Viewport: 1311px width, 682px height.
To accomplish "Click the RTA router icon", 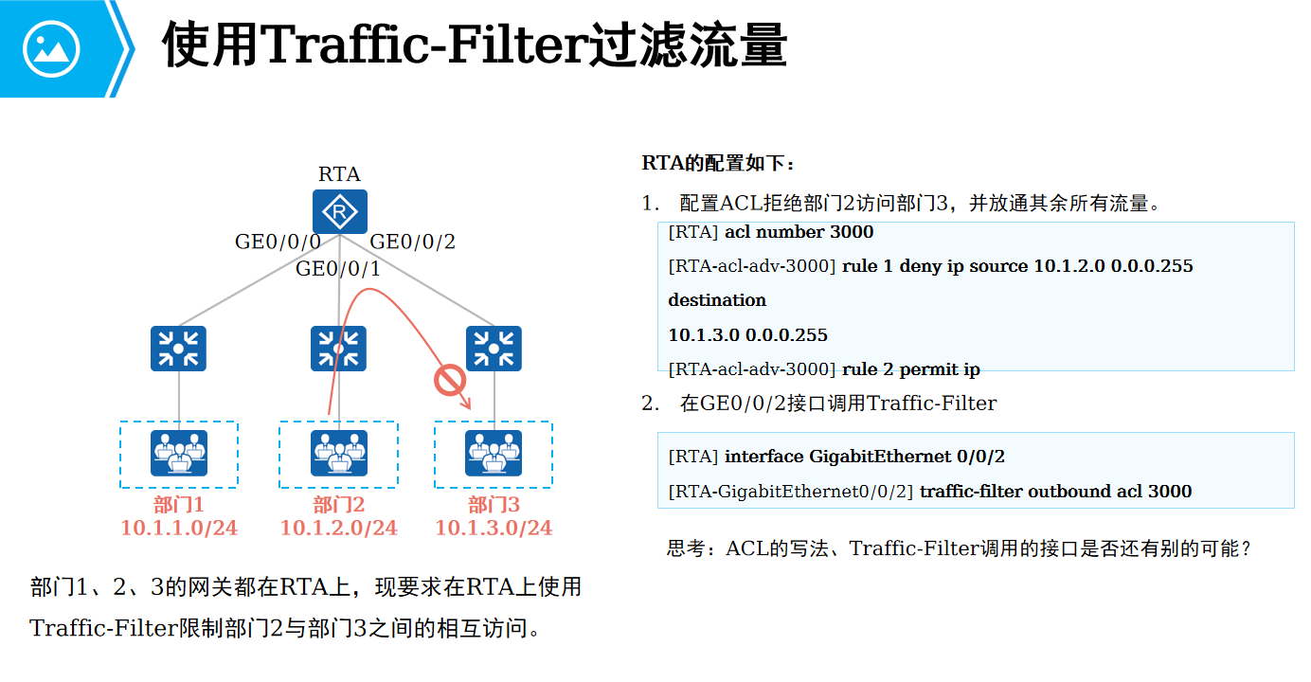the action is tap(339, 212).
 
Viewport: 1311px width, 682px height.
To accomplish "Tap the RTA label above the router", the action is tap(339, 174).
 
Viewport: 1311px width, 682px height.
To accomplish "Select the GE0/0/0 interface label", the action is tap(278, 242).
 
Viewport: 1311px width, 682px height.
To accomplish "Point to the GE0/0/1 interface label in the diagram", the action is tap(338, 269).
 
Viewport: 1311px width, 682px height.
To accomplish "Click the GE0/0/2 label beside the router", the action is tap(412, 242).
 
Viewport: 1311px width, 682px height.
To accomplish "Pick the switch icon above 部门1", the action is tap(178, 349).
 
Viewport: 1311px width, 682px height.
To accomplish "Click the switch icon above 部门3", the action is tap(494, 349).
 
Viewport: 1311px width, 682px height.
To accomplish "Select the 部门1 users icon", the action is tap(178, 453).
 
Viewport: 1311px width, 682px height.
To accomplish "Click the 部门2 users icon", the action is tap(338, 453).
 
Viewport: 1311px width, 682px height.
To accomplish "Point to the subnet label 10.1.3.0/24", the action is tap(494, 528).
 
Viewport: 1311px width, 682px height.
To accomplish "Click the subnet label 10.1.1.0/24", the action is tap(179, 528).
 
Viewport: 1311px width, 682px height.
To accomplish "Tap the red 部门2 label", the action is tap(338, 505).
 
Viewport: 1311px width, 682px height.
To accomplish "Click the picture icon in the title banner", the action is tap(51, 47).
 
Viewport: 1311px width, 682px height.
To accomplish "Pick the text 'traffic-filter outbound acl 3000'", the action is tap(1055, 492).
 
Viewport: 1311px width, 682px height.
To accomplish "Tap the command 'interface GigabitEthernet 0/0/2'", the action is tap(864, 457).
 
